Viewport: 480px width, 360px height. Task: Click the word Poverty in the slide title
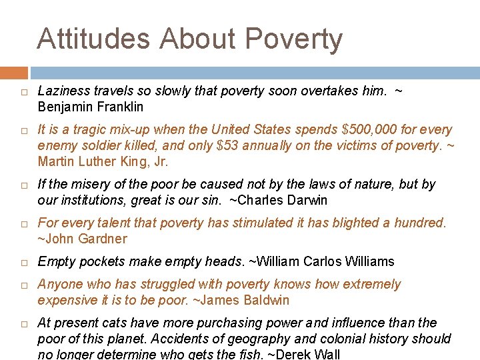294,40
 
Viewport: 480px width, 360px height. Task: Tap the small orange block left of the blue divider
13,72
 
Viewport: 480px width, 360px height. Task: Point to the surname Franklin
119,107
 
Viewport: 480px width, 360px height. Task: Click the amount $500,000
362,129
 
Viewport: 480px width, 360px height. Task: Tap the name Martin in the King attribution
56,161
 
